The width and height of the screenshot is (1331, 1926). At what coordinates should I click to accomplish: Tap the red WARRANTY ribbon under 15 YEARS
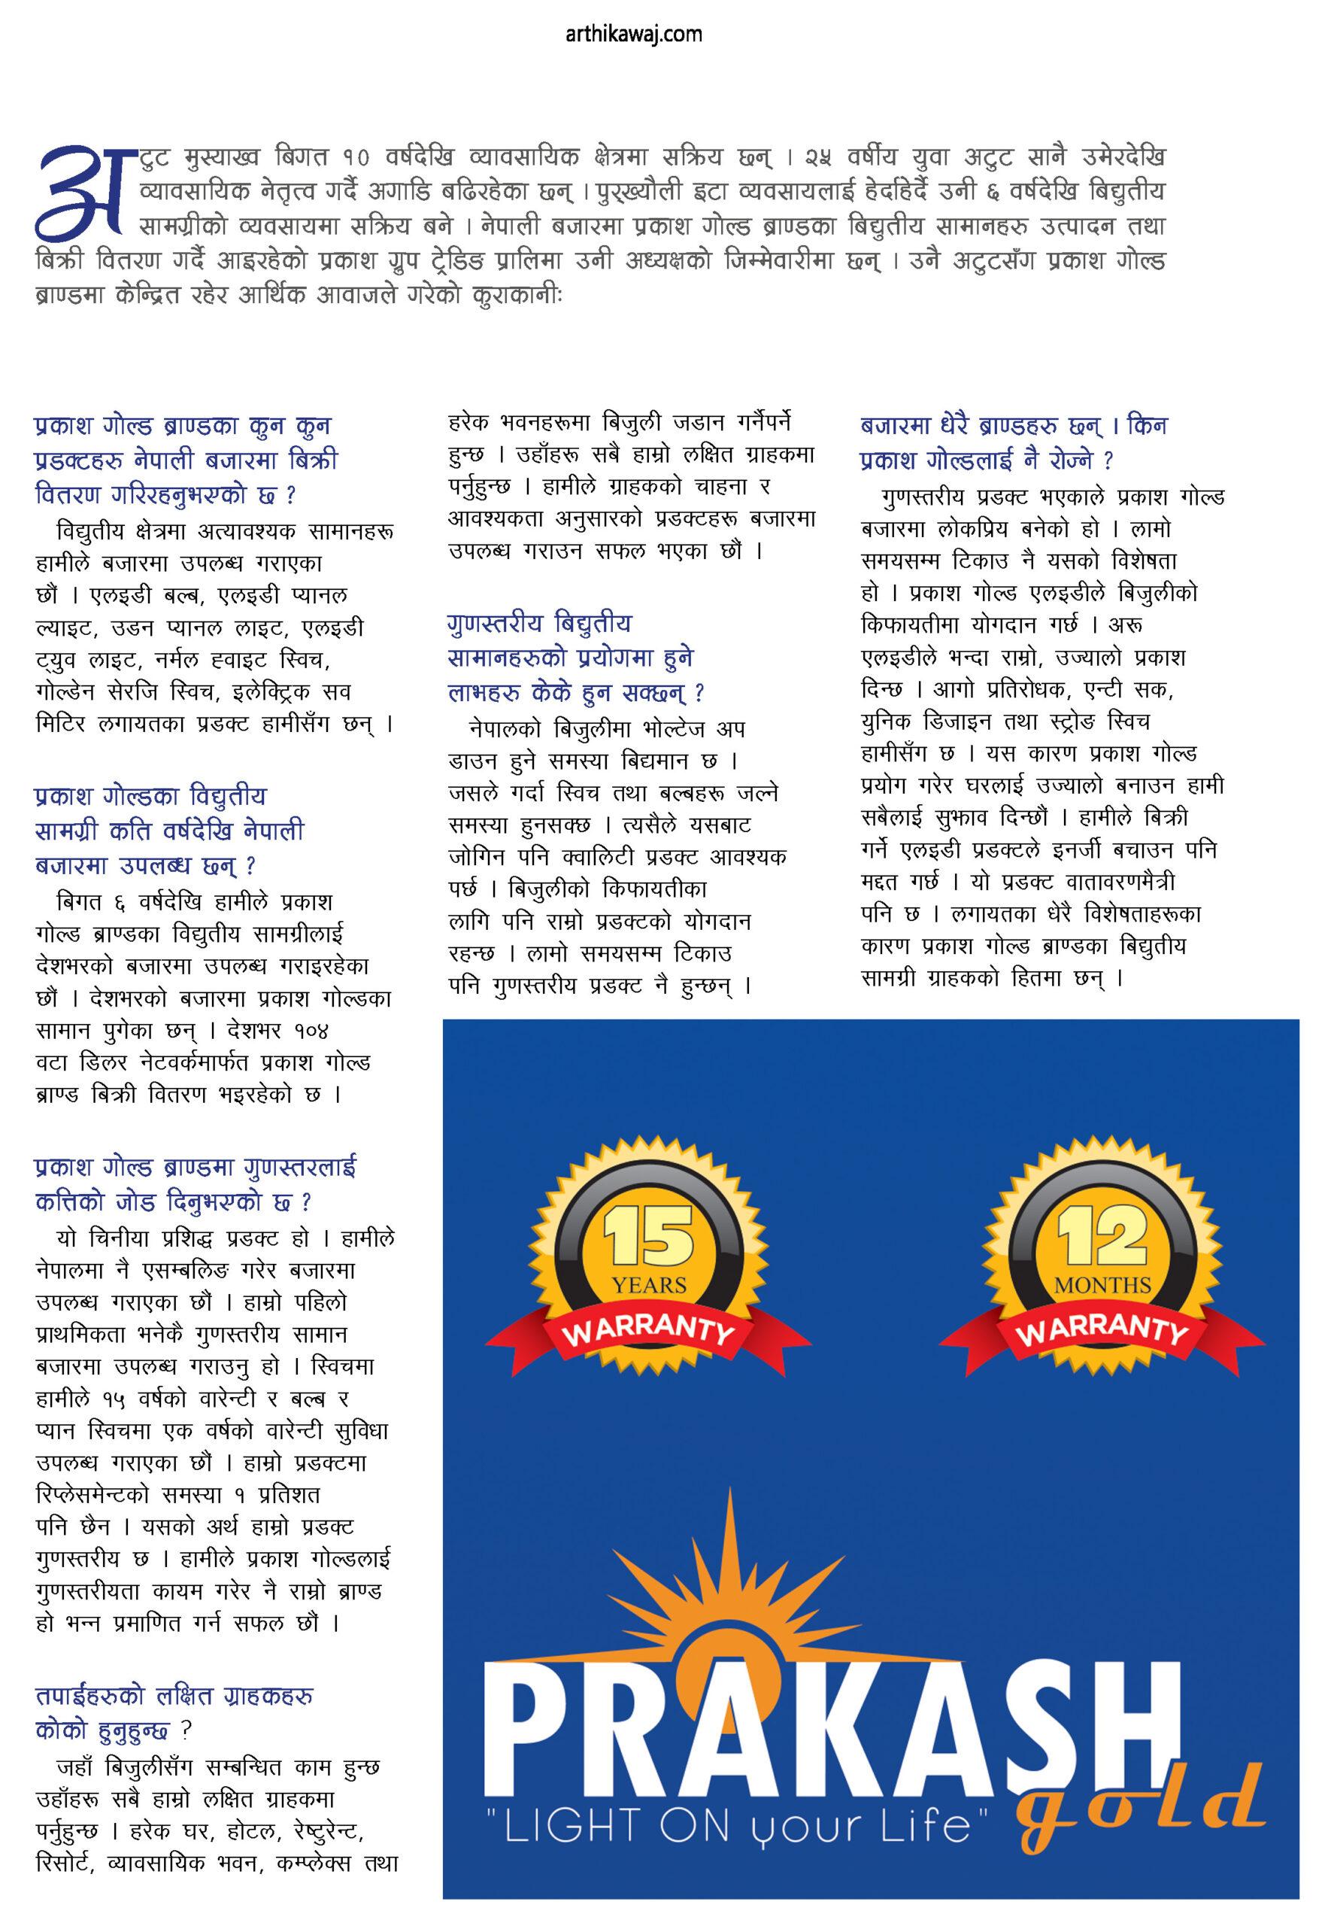pyautogui.click(x=648, y=1329)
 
